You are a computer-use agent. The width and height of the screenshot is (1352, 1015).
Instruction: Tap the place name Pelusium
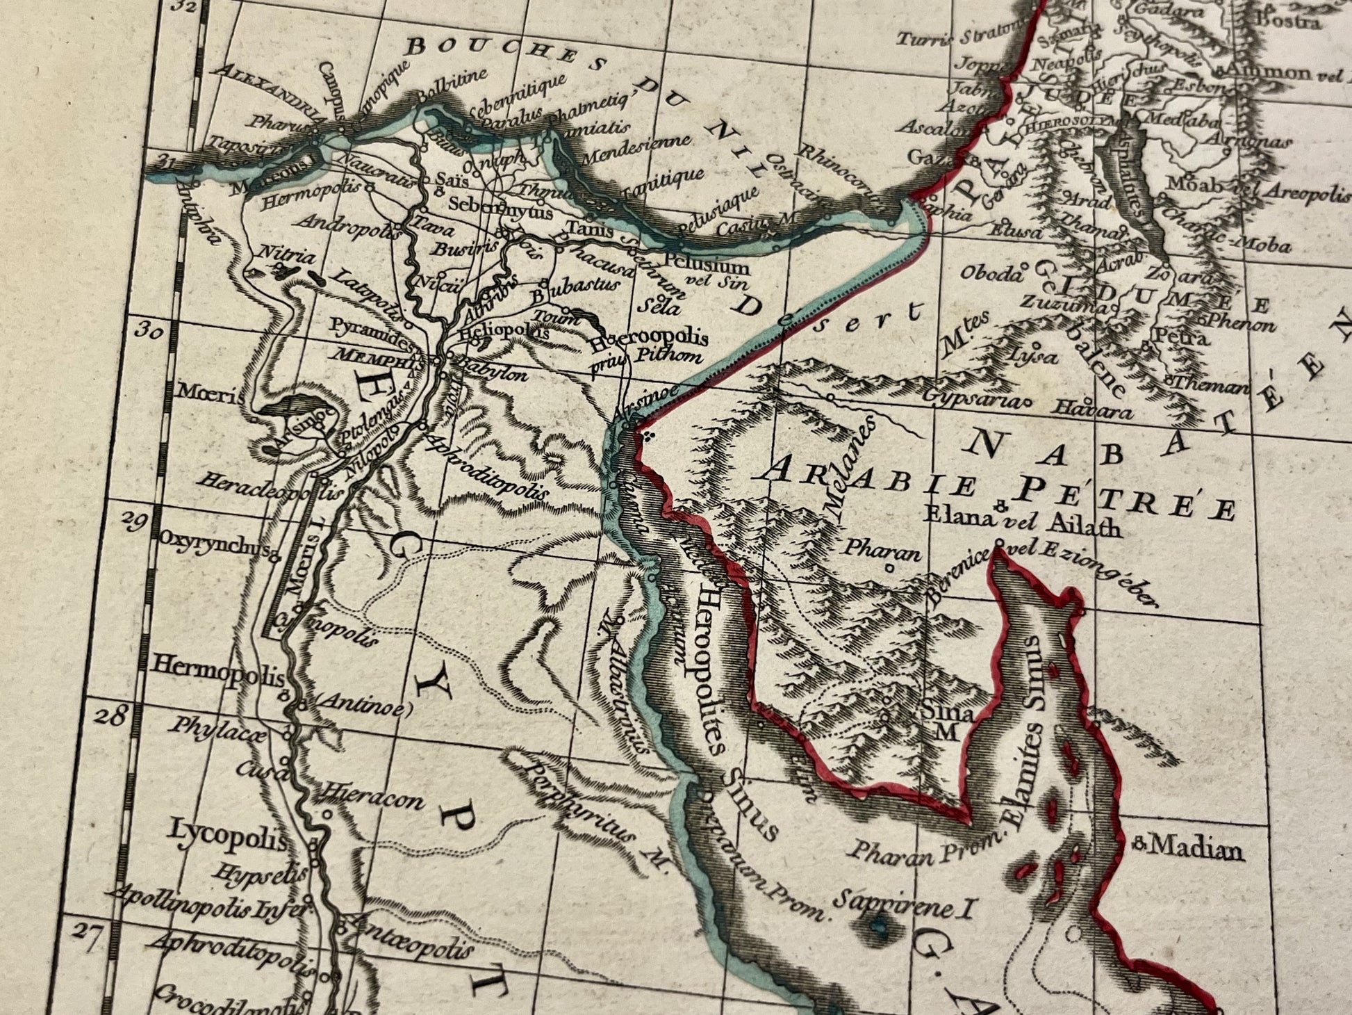click(707, 266)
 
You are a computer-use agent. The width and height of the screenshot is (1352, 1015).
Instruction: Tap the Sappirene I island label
click(909, 904)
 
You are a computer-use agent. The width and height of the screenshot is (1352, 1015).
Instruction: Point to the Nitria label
click(281, 254)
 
